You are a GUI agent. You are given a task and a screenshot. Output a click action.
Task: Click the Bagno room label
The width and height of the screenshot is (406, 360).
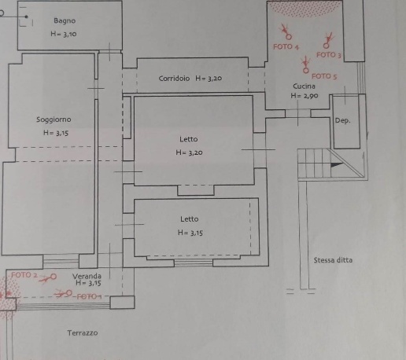click(x=65, y=20)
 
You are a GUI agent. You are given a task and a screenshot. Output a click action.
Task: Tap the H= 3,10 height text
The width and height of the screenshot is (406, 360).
click(x=64, y=34)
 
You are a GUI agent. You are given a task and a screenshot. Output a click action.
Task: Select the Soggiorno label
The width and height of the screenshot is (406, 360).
click(x=54, y=119)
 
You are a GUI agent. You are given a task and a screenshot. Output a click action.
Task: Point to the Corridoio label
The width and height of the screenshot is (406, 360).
click(x=174, y=79)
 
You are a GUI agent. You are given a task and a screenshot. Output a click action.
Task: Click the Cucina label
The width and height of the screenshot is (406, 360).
click(x=304, y=86)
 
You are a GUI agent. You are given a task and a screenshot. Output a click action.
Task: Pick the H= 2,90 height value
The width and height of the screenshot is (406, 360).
click(x=304, y=96)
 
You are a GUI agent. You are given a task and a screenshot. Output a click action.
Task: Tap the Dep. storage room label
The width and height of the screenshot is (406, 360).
click(x=342, y=120)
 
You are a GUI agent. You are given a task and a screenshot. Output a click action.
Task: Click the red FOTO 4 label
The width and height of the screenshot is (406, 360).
click(x=286, y=47)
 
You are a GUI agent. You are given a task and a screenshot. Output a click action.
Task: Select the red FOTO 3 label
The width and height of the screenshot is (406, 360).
click(x=329, y=55)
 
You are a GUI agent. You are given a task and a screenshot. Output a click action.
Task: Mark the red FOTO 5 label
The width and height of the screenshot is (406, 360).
click(x=324, y=76)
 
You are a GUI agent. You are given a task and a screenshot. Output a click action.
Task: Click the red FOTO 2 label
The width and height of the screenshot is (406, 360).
click(x=24, y=275)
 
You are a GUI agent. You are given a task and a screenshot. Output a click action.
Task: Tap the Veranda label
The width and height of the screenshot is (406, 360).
click(x=87, y=276)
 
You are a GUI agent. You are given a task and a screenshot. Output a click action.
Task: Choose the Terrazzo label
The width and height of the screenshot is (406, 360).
click(x=83, y=333)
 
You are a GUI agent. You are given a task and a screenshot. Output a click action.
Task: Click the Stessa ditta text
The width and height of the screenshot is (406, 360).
click(x=333, y=260)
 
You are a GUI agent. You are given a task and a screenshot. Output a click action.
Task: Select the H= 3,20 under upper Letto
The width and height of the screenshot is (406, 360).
click(x=189, y=152)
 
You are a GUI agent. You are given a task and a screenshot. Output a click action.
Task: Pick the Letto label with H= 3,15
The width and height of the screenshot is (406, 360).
click(x=190, y=219)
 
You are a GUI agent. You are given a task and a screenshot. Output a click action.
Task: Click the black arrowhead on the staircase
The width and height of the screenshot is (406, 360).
click(x=337, y=165)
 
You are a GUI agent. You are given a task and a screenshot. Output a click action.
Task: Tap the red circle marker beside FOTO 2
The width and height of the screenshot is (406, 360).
click(x=54, y=276)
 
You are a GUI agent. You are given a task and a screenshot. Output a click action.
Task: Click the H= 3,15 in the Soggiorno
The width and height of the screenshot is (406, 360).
click(x=56, y=133)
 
